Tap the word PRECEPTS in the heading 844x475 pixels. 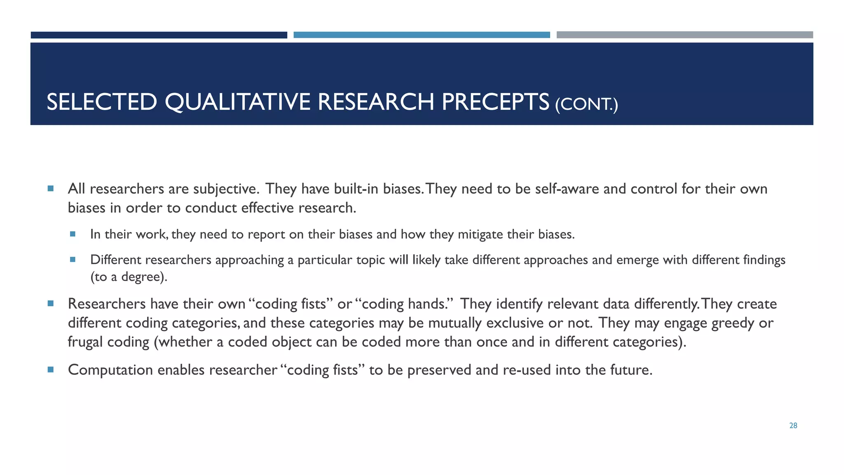coord(495,102)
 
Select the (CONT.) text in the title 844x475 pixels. coord(586,104)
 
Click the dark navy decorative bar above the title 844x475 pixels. coord(159,35)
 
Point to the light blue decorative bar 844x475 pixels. coord(422,35)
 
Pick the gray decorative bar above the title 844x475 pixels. coord(685,35)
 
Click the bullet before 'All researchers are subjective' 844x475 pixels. coord(51,188)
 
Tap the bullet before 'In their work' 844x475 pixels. coord(73,234)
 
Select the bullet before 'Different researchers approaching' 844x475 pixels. coord(73,259)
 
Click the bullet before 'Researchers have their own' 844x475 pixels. coord(51,303)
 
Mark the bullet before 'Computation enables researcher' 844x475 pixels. coord(51,369)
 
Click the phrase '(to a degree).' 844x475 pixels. coord(129,277)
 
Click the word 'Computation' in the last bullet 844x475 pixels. coord(110,370)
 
